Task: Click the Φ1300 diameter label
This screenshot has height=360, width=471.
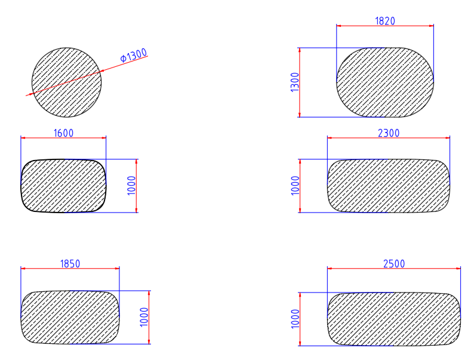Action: [134, 55]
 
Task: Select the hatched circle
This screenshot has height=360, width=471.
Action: [66, 82]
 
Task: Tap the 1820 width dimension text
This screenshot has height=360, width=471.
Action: [385, 21]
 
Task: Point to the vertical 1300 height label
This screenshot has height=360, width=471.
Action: [295, 82]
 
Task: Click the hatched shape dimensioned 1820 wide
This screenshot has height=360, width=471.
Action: [385, 82]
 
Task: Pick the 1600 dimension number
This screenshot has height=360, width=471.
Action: [63, 133]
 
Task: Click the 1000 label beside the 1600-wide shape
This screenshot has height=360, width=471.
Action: [131, 186]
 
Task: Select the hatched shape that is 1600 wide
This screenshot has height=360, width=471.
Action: [63, 186]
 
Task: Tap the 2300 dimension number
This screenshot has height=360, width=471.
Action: [389, 133]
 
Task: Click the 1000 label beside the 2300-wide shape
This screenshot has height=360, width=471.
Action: [295, 186]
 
